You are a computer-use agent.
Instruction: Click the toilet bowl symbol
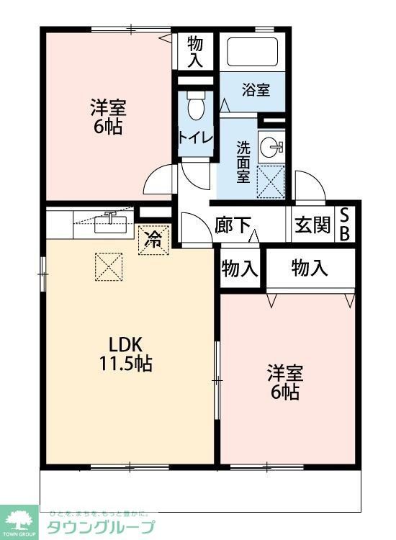click(x=195, y=108)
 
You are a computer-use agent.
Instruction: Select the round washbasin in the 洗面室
click(x=272, y=146)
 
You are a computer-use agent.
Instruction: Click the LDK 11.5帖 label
click(x=125, y=353)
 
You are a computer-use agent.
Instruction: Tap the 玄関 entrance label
click(x=312, y=225)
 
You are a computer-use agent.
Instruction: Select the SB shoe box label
click(x=346, y=224)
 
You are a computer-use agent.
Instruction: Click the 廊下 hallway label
click(x=232, y=225)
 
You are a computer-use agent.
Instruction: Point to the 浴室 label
click(x=255, y=90)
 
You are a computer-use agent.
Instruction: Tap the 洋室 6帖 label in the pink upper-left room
click(x=109, y=117)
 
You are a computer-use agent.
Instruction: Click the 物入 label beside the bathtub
click(x=195, y=50)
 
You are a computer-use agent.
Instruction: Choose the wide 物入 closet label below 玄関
click(x=310, y=269)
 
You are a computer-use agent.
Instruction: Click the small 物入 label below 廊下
click(x=239, y=269)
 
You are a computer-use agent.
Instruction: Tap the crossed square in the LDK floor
click(x=109, y=268)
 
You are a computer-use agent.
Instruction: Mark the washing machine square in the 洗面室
click(x=271, y=181)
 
